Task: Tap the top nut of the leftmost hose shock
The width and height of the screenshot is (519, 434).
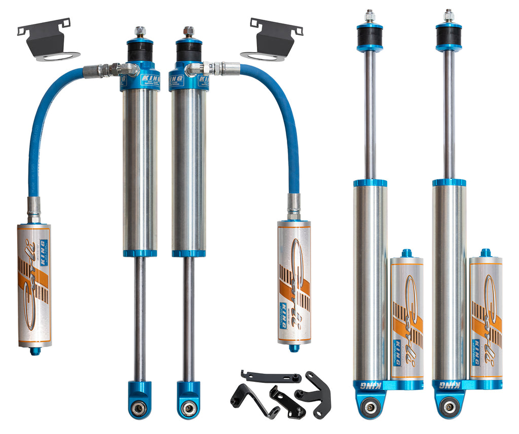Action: tap(140, 31)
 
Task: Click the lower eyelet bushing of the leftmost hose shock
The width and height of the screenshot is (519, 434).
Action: tap(140, 407)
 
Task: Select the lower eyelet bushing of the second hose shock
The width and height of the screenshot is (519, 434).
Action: tap(189, 407)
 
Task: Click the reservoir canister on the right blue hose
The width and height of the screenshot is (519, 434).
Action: tap(294, 282)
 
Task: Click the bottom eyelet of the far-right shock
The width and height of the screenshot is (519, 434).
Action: tap(449, 406)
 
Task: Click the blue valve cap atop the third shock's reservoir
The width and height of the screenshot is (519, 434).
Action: tap(406, 252)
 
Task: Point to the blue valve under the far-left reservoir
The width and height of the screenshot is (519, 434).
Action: tap(34, 350)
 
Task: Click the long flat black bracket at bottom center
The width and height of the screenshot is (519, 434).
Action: tap(271, 377)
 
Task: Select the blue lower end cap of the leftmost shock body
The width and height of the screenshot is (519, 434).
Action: tap(140, 253)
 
